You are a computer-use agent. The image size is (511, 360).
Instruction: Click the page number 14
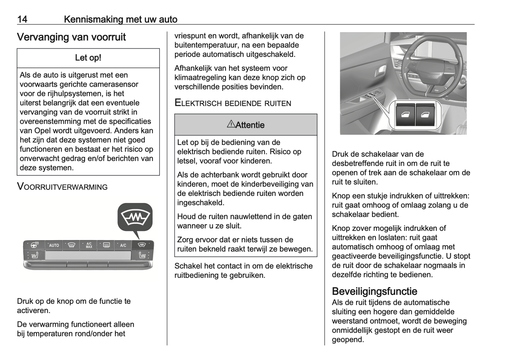pyautogui.click(x=22, y=19)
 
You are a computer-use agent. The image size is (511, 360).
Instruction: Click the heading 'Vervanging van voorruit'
pyautogui.click(x=71, y=37)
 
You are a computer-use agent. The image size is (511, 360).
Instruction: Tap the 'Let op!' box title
pyautogui.click(x=88, y=58)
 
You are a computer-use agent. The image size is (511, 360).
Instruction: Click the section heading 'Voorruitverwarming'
pyautogui.click(x=62, y=187)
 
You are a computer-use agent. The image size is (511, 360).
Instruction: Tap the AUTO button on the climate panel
pyautogui.click(x=54, y=245)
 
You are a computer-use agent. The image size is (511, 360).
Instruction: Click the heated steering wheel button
pyautogui.click(x=34, y=245)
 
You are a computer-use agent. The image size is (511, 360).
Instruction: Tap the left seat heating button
pyautogui.click(x=34, y=255)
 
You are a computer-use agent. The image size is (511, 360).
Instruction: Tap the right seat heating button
pyautogui.click(x=143, y=255)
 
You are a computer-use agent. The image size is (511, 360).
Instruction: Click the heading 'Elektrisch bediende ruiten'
pyautogui.click(x=233, y=103)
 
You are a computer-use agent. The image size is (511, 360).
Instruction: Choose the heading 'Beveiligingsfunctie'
pyautogui.click(x=374, y=291)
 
